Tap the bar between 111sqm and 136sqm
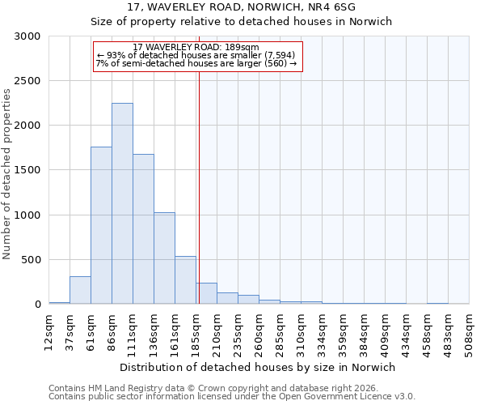(143, 229)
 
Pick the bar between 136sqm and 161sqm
(164, 258)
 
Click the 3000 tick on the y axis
(27, 36)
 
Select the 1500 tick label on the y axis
(27, 171)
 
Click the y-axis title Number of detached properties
(7, 174)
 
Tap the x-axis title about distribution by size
(258, 367)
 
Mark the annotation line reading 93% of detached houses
(196, 55)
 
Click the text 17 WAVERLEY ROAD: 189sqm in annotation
(196, 47)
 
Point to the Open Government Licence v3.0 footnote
(232, 397)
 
